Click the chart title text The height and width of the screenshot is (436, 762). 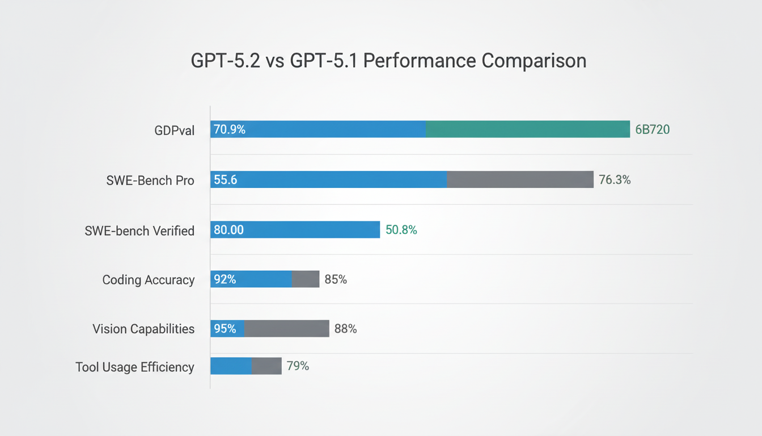coord(388,61)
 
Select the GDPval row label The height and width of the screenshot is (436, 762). coord(174,131)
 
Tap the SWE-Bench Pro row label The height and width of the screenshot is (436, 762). coord(150,181)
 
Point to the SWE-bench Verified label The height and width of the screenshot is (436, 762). coord(139,230)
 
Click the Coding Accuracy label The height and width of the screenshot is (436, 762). coord(148,279)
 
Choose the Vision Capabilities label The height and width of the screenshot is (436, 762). coord(143,329)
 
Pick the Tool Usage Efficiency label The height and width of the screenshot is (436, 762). coord(135,367)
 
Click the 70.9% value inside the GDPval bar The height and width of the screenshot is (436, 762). coord(230,130)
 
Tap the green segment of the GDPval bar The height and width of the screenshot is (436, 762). coord(527,129)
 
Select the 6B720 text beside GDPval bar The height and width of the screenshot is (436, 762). coord(652,130)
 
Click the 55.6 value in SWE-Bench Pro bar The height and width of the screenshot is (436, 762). coord(226,180)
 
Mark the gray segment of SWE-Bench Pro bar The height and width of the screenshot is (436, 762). coord(519,179)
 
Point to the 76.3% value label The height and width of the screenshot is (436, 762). coord(615,180)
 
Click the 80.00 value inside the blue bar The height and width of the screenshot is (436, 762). coord(228,230)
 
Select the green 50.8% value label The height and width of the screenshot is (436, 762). coord(401,230)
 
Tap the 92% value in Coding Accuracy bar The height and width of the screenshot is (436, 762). coord(225,279)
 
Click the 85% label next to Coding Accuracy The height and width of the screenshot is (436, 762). coord(336,279)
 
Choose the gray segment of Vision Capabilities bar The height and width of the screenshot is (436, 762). coord(286,329)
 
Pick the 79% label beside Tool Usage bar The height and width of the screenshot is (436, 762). coord(298,366)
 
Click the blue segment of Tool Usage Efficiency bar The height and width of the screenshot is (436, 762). coord(231,366)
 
